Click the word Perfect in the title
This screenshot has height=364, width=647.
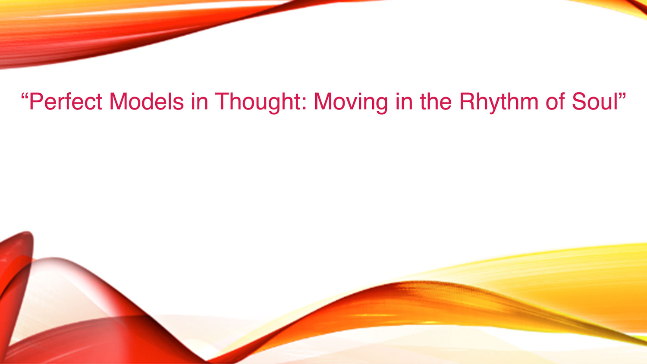[66, 101]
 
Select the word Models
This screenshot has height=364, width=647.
[147, 101]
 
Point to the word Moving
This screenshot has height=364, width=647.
[351, 102]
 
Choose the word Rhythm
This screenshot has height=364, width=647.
[499, 102]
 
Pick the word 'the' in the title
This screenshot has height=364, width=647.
[436, 101]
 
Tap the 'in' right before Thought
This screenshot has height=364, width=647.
[200, 101]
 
